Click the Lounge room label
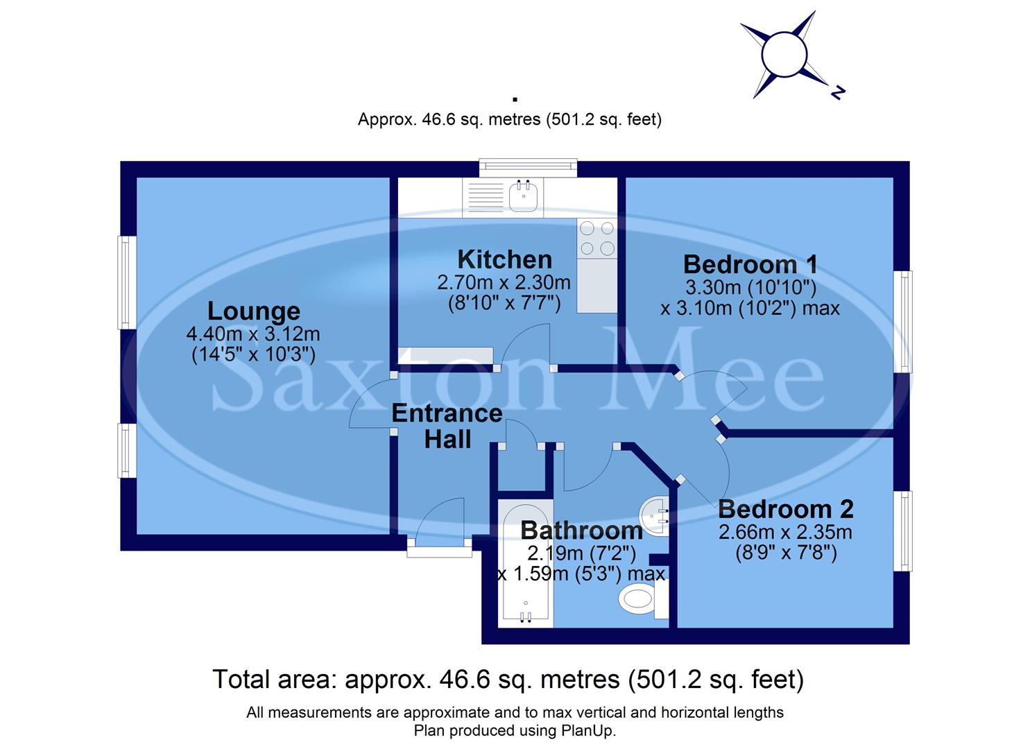click(254, 311)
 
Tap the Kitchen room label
click(505, 259)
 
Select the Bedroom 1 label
click(750, 264)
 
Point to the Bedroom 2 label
click(785, 509)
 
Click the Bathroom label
click(581, 531)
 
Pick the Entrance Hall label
click(447, 426)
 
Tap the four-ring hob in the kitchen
click(596, 238)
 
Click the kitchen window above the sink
click(528, 166)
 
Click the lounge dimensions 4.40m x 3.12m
click(253, 334)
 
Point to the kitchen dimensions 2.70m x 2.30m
click(504, 283)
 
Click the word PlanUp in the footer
click(590, 730)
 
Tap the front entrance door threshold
click(439, 551)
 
